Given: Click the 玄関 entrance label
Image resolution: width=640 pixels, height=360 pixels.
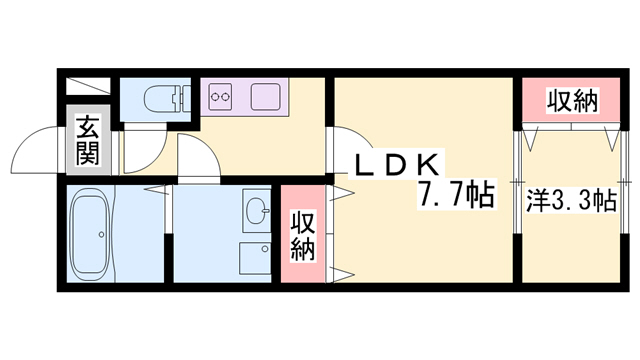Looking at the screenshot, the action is [87, 141].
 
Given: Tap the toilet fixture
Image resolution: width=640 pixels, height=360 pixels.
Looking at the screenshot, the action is [161, 98].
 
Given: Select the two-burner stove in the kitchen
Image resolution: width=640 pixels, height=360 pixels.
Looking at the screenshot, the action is [221, 98].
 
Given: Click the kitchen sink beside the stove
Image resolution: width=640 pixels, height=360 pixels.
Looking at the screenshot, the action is [265, 98].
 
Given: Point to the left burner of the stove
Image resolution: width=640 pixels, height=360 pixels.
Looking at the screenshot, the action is [215, 98].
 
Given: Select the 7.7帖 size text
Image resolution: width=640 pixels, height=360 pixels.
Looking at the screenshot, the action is [456, 195].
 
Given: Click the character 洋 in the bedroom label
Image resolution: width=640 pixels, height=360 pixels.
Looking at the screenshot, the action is [537, 202].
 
